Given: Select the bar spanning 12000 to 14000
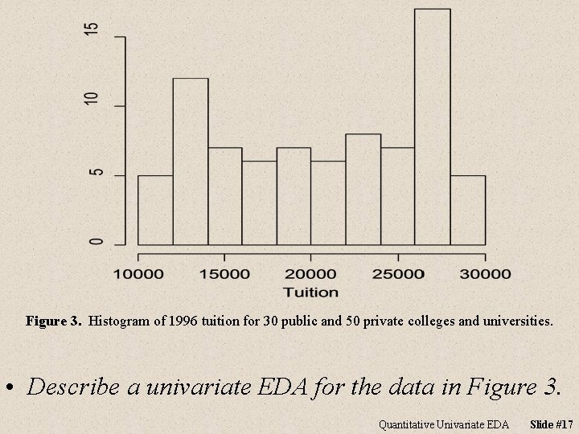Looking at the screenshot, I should click(191, 161).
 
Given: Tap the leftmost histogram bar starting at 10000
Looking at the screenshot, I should click(155, 210).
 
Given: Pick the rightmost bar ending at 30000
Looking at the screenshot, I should click(467, 210).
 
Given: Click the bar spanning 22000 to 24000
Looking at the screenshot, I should click(363, 189).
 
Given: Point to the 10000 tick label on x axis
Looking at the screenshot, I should click(138, 274).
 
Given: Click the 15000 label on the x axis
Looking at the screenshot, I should click(224, 274).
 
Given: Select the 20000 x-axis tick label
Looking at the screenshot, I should click(311, 274).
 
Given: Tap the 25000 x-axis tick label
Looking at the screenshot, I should click(397, 274).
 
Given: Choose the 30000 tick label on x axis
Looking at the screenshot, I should click(484, 274).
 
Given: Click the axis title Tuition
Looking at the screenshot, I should click(310, 293).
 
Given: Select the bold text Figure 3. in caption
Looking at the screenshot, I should click(54, 321).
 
